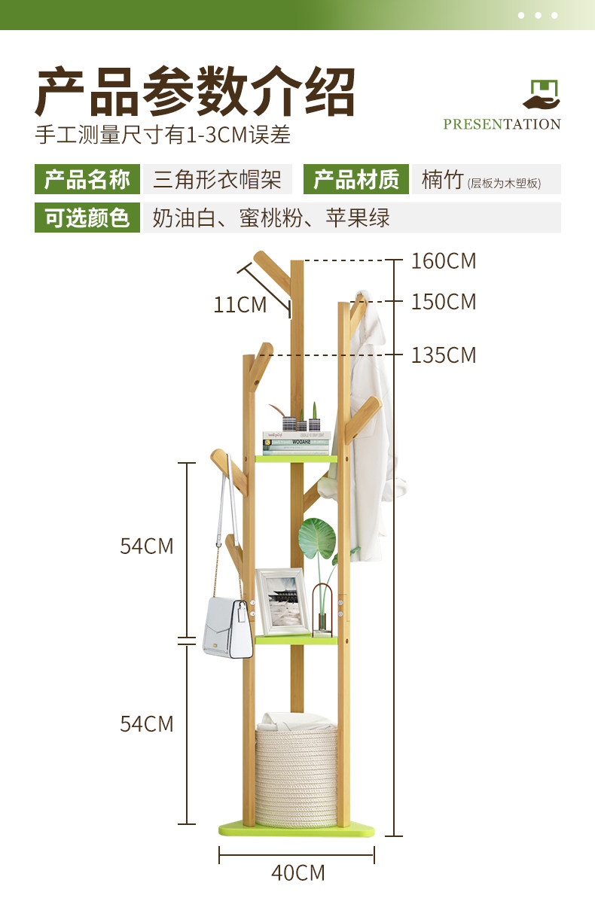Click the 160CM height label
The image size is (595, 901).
(444, 261)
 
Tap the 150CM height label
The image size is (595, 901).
(444, 302)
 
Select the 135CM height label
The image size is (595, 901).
(444, 355)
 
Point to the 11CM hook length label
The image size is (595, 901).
(240, 305)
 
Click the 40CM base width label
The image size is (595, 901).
(297, 872)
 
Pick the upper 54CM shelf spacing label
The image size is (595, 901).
(147, 546)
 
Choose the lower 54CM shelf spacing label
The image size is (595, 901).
(147, 723)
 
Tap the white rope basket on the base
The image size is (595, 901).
(295, 775)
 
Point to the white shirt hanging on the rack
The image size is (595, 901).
(371, 429)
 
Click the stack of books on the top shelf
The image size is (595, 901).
(296, 443)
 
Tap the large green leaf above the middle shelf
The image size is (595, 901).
(318, 540)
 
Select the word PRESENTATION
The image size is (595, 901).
(502, 124)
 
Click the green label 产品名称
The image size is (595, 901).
(87, 180)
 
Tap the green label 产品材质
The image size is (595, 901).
(356, 180)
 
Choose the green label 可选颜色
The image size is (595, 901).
(87, 218)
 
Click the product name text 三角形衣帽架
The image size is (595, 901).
(217, 180)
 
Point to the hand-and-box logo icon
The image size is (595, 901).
(542, 95)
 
